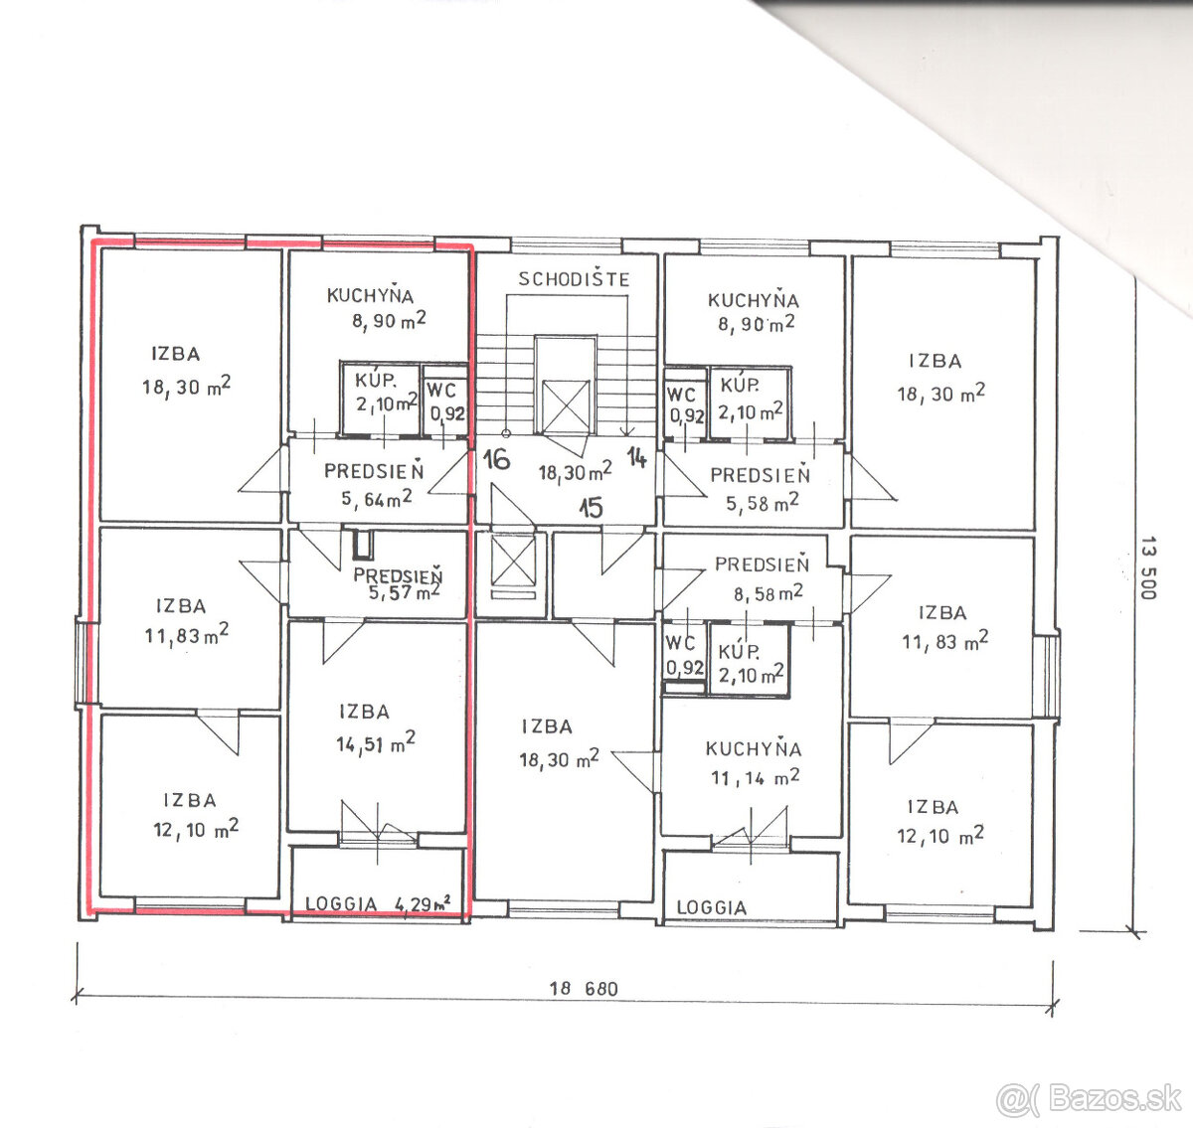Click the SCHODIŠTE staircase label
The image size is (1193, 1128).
[574, 278]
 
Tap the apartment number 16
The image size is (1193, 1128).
[496, 459]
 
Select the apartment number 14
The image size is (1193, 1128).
[636, 457]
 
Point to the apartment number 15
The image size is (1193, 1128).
[591, 507]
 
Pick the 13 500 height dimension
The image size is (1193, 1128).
[1148, 567]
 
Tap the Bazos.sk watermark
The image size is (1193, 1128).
[1090, 1099]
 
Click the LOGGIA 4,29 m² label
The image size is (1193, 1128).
[378, 903]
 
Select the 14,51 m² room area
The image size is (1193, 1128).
[376, 742]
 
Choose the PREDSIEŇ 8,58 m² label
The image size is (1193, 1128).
[764, 578]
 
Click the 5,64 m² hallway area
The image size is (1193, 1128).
[376, 498]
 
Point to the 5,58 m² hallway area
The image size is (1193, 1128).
[763, 503]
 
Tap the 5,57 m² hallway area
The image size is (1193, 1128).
[405, 591]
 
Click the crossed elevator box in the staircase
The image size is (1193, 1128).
[566, 405]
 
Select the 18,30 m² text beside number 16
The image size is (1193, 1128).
[576, 470]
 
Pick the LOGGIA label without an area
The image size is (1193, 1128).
[711, 907]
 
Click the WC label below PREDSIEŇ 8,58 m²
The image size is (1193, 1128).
[680, 642]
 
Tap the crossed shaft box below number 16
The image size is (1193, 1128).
[513, 561]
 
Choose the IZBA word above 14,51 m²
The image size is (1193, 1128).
[364, 712]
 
